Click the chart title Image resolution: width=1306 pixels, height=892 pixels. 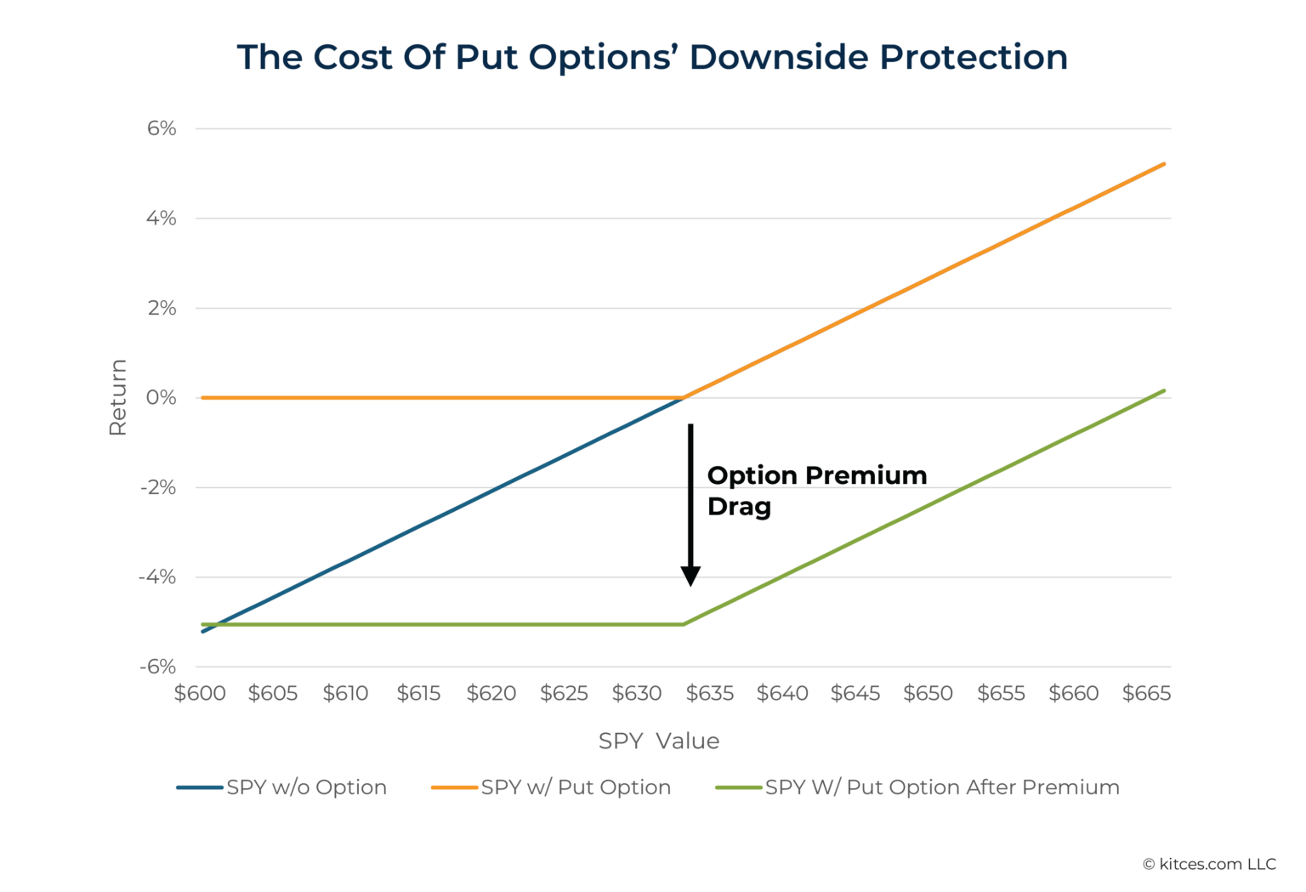coord(652,57)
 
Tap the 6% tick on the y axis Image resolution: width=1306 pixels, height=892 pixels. coord(162,128)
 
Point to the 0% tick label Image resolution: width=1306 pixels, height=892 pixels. coord(162,397)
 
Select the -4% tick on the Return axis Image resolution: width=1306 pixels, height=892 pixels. coord(158,577)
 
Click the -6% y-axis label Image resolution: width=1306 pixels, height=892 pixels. coord(158,667)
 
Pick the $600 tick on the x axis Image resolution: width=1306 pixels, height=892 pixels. coord(200,693)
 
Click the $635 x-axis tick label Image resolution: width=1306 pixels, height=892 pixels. coord(710,693)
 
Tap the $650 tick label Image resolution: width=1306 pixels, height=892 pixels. coord(928,693)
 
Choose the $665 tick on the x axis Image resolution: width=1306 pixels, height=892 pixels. coord(1146,693)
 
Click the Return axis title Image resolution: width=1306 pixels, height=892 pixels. coord(117,397)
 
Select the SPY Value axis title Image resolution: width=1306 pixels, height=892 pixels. coord(659,741)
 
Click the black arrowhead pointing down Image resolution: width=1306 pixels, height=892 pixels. coord(690,577)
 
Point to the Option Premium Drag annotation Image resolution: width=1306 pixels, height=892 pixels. coord(816,491)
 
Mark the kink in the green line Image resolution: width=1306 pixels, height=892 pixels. coord(684,624)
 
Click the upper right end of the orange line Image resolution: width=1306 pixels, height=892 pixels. coord(1163,164)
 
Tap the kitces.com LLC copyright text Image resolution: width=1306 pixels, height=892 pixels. coord(1209,864)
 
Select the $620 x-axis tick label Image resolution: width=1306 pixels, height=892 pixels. coord(491,693)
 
